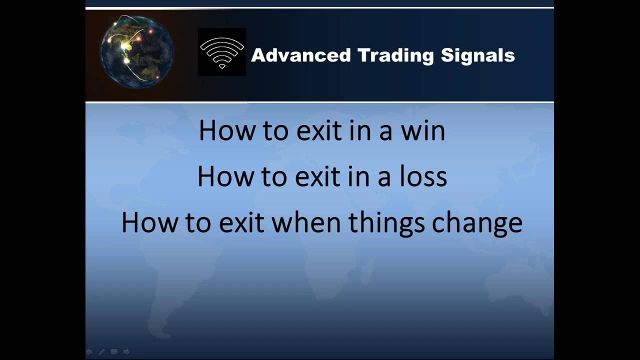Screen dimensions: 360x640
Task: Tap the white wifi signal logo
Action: click(x=221, y=52)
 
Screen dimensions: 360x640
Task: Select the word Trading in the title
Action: click(x=395, y=55)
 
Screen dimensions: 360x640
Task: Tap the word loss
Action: click(x=426, y=176)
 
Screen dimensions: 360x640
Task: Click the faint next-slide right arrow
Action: click(x=126, y=352)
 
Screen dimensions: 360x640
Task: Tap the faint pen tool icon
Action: click(x=101, y=352)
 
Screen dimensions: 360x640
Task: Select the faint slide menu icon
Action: click(x=114, y=352)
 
